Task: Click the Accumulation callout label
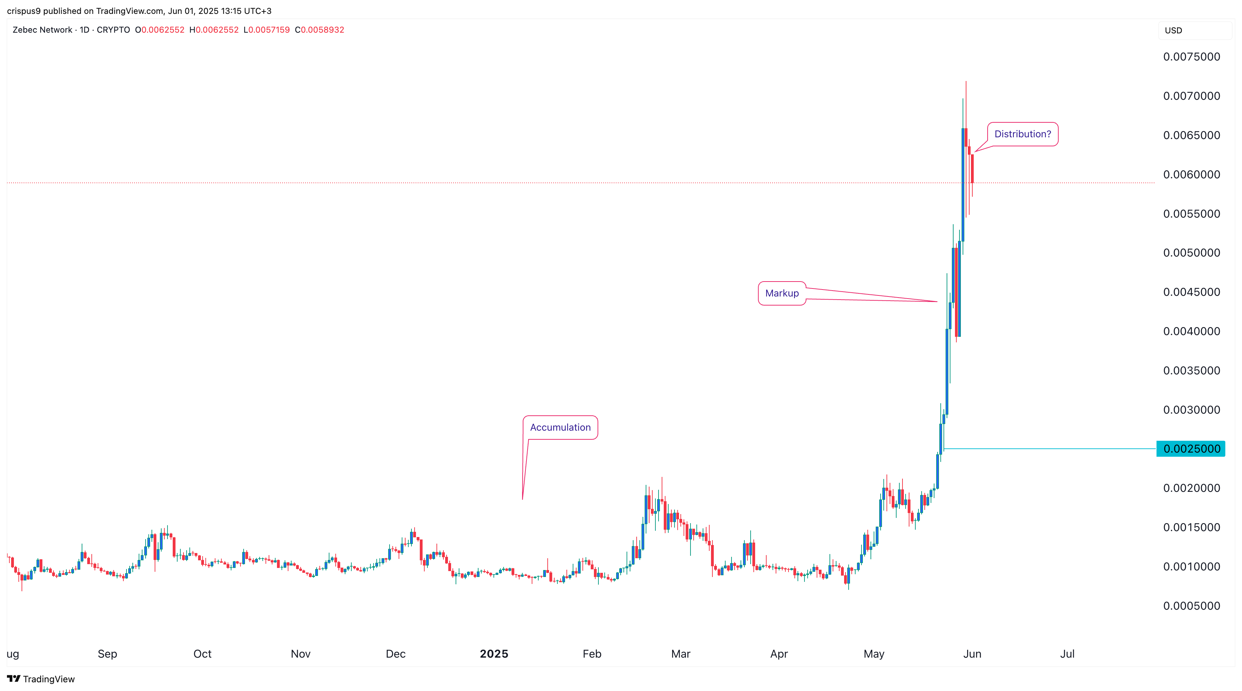(560, 427)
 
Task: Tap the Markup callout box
(782, 293)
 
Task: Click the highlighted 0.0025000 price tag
(1191, 449)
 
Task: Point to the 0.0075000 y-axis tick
(1191, 57)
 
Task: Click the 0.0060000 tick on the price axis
(1191, 174)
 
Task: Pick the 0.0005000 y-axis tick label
(1191, 606)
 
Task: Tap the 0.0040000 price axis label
(1191, 331)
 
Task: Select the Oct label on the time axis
(203, 654)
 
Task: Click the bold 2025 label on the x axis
(494, 654)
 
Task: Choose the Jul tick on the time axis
(1067, 654)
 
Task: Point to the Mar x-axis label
(681, 654)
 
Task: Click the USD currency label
(1173, 30)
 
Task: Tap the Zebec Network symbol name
(42, 30)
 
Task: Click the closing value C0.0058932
(320, 30)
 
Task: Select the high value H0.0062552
(214, 30)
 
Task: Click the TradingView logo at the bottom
(41, 679)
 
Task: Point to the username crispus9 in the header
(24, 11)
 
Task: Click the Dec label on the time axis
(396, 654)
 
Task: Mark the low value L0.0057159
(267, 30)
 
